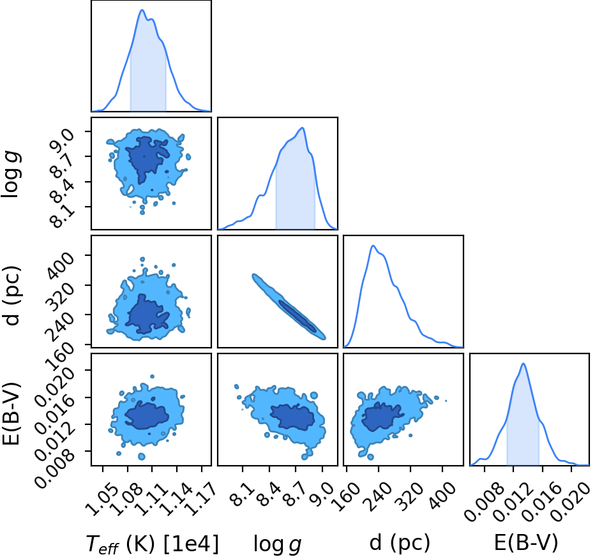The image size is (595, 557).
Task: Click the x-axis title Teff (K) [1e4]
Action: pyautogui.click(x=153, y=544)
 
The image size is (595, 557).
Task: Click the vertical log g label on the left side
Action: pyautogui.click(x=11, y=174)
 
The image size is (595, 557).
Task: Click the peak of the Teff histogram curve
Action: pyautogui.click(x=142, y=10)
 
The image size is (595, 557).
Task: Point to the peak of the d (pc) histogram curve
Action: pyautogui.click(x=373, y=246)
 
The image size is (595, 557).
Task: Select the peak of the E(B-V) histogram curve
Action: pyautogui.click(x=523, y=364)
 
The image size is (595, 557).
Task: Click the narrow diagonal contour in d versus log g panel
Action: pyautogui.click(x=289, y=306)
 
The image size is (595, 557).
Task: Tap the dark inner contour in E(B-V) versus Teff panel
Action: pyautogui.click(x=147, y=415)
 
